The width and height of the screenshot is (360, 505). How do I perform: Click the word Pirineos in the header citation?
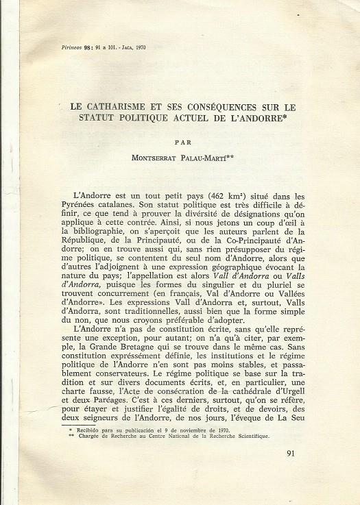point(64,49)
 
